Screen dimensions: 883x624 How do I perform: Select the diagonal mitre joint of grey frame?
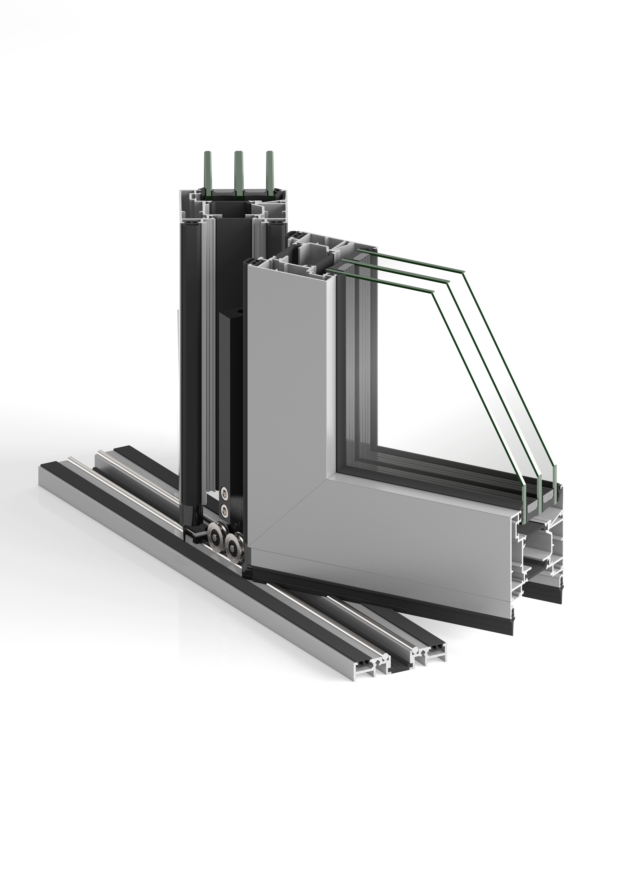[292, 511]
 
